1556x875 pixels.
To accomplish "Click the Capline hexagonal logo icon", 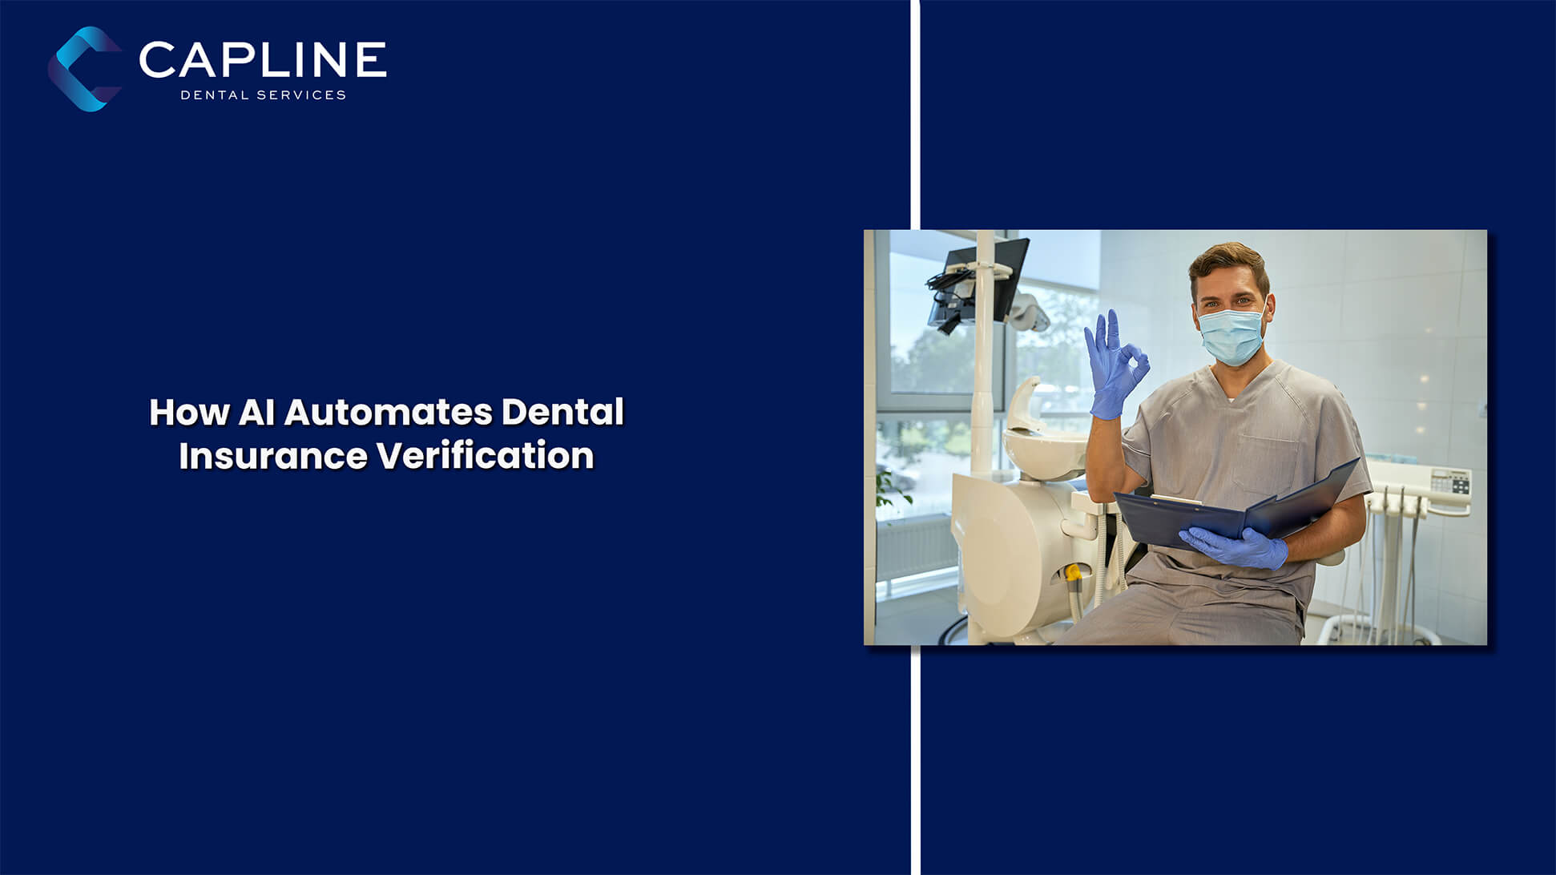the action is click(84, 69).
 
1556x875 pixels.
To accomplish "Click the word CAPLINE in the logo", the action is click(263, 60).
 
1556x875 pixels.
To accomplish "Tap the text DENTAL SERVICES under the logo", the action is click(264, 95).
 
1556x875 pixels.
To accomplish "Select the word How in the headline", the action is click(189, 413).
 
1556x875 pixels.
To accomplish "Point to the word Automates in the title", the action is click(389, 413).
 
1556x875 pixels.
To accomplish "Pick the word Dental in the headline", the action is click(562, 413).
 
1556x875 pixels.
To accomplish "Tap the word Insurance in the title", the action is click(273, 456).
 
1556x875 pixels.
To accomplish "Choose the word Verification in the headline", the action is click(486, 456).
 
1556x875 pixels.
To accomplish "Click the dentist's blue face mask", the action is click(1231, 335).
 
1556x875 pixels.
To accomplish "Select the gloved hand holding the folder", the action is click(1234, 547).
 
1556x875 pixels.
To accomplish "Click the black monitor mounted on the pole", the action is click(978, 281).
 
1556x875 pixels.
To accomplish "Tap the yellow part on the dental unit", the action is click(1073, 574).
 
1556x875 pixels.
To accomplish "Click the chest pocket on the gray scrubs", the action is click(1266, 462).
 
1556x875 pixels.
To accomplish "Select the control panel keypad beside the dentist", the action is click(1450, 482).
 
